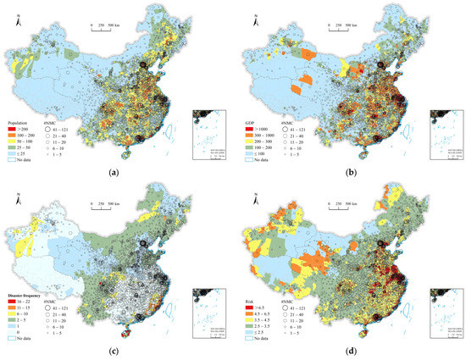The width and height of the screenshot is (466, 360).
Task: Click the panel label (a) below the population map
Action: (114, 173)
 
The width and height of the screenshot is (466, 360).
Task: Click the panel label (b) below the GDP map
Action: (350, 173)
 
